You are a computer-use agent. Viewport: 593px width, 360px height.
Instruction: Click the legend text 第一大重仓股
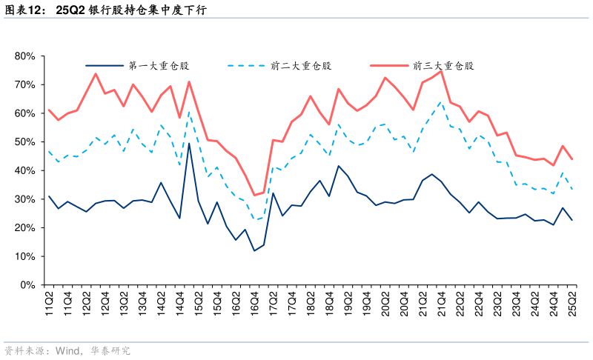[x=158, y=66]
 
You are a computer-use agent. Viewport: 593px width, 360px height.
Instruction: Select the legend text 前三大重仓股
[x=443, y=66]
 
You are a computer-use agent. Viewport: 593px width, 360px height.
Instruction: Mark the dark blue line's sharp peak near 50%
[x=189, y=143]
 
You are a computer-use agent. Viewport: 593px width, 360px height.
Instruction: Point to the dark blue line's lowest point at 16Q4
[x=254, y=250]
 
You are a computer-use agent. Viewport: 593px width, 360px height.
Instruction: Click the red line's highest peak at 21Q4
[x=442, y=71]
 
